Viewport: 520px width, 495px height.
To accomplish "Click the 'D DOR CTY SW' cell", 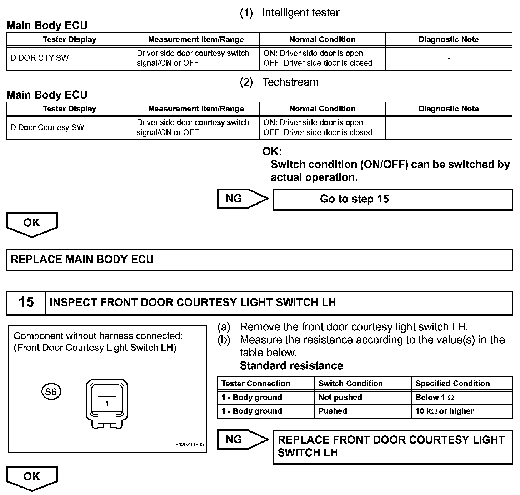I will tap(40, 58).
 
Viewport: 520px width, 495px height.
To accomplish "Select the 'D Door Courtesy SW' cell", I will tap(47, 128).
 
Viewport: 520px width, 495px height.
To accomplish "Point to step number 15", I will tap(26, 302).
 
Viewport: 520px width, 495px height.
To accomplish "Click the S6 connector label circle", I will tap(51, 392).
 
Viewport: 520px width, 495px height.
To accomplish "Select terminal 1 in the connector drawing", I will tap(107, 404).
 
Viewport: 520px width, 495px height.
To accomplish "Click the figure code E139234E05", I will tap(189, 445).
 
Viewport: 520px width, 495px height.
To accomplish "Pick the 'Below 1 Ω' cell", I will tap(435, 397).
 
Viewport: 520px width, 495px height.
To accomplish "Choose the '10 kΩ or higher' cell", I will tap(445, 411).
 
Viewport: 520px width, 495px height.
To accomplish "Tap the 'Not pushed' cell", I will tap(340, 397).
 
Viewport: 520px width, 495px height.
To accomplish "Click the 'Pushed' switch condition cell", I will tap(332, 411).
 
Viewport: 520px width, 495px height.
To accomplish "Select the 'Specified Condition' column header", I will tap(452, 384).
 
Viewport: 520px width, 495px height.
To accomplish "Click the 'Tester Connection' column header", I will tap(255, 384).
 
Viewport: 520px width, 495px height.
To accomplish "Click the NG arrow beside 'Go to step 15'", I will tap(241, 199).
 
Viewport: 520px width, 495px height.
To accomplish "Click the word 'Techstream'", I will tap(290, 82).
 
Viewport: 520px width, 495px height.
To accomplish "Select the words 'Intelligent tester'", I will tap(300, 13).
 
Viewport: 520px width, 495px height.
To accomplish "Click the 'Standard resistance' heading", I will tap(291, 366).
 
